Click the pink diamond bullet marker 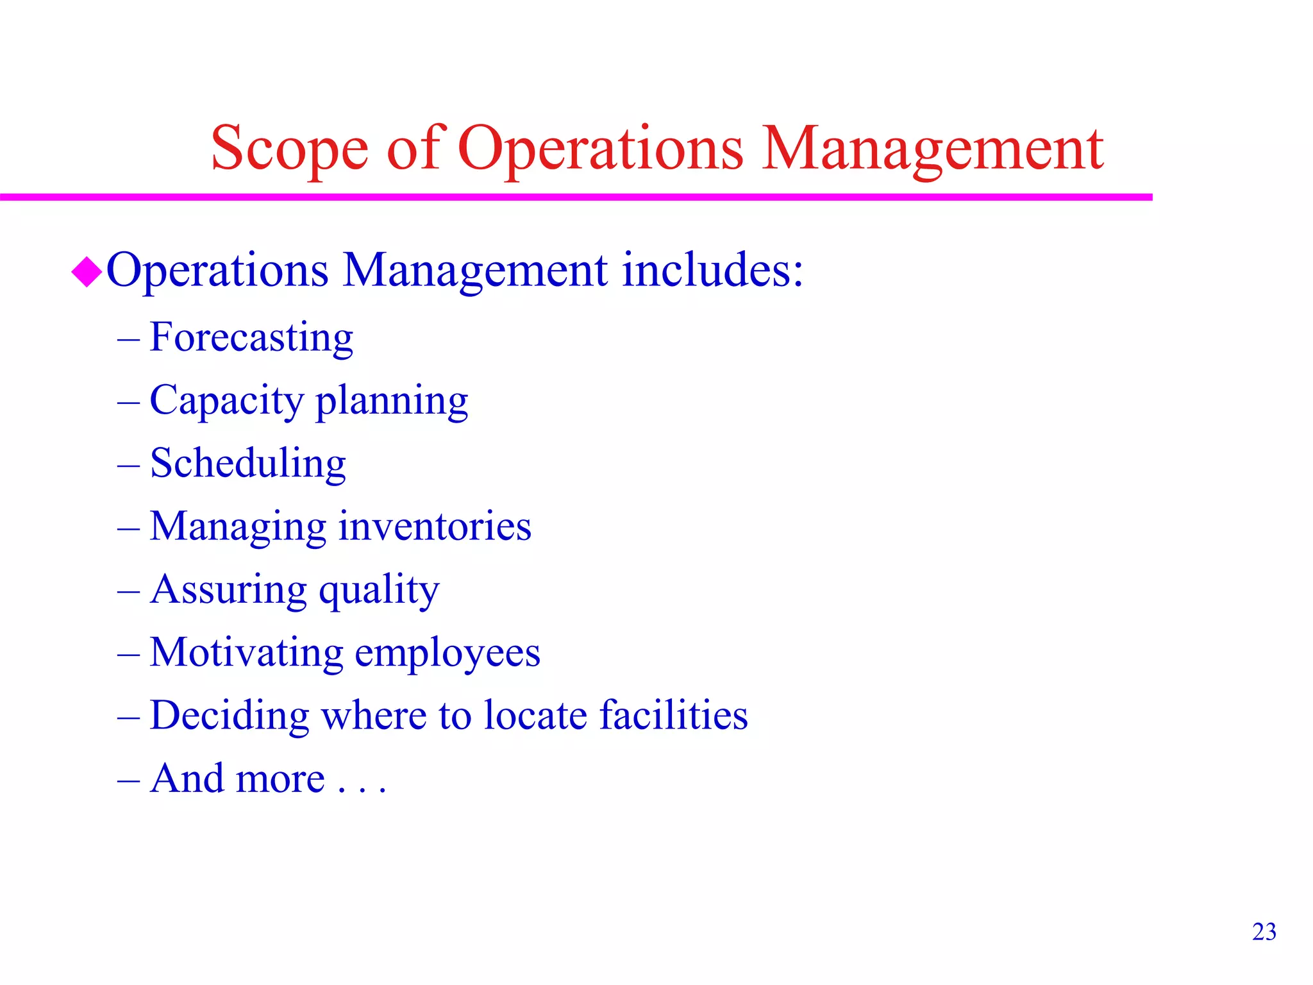(87, 272)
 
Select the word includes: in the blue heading (712, 269)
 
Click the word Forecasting (251, 338)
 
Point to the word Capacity (226, 401)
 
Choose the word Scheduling (248, 464)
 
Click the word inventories (435, 526)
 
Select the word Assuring (228, 590)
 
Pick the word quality (379, 590)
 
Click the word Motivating (246, 652)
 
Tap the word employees (447, 653)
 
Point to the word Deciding (229, 715)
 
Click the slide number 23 (1264, 932)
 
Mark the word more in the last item (281, 779)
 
